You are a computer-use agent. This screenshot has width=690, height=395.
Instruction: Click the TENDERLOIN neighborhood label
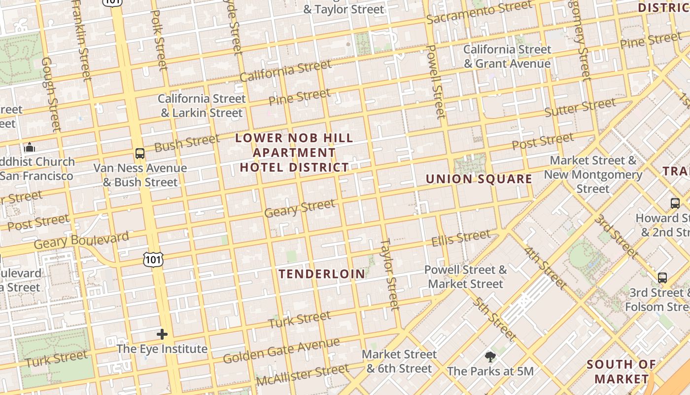coord(322,274)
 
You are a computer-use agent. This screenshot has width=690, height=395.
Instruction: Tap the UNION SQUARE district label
coord(479,179)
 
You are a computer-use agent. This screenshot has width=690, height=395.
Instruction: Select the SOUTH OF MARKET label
coord(621,372)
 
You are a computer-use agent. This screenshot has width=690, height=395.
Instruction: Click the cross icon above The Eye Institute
coord(162,334)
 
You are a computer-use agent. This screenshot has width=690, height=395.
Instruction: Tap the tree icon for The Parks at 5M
coord(490,356)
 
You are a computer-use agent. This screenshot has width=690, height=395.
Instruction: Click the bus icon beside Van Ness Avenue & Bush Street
coord(140,154)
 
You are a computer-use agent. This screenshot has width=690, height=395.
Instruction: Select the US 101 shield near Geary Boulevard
coord(153,259)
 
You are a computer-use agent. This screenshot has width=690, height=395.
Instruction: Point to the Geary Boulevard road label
coord(82,240)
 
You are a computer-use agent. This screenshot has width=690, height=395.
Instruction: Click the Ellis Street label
coord(461,238)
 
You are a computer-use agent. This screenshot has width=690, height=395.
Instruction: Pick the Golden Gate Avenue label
coord(281,351)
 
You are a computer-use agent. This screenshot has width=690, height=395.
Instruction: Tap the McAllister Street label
coord(303,376)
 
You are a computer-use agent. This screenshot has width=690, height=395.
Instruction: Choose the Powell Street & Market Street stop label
coord(466,277)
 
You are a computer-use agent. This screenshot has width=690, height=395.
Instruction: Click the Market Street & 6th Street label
coord(399,361)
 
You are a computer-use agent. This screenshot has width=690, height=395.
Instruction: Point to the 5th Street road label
coord(495,319)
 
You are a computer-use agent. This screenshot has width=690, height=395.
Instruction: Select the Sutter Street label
coord(580,107)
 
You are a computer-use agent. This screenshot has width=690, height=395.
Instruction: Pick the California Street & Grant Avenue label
coord(507,56)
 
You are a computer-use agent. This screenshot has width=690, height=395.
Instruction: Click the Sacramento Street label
coord(479,13)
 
